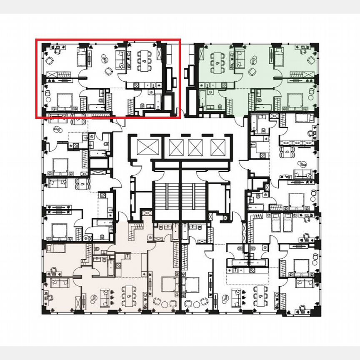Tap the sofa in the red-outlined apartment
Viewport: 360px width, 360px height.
120,58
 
